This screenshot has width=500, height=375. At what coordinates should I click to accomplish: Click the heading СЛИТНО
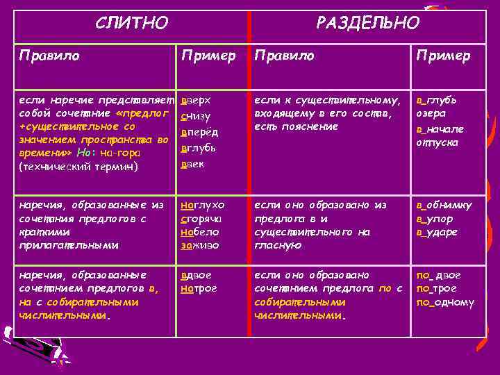pyautogui.click(x=131, y=24)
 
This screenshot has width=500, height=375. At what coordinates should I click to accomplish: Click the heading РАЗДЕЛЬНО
pyautogui.click(x=367, y=24)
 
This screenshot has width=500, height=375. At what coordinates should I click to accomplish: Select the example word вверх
pyautogui.click(x=196, y=101)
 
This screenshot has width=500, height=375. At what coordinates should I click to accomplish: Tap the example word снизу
pyautogui.click(x=196, y=117)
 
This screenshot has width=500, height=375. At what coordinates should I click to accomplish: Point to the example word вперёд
pyautogui.click(x=199, y=133)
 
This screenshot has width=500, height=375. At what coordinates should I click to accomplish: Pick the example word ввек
pyautogui.click(x=194, y=164)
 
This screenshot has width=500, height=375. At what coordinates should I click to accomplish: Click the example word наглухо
pyautogui.click(x=203, y=205)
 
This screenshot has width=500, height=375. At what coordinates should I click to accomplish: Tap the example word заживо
pyautogui.click(x=200, y=244)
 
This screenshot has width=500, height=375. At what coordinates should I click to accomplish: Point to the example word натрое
pyautogui.click(x=199, y=288)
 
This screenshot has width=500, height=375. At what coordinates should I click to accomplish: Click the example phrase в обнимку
pyautogui.click(x=444, y=205)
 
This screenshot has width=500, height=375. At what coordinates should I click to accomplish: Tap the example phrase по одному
pyautogui.click(x=445, y=302)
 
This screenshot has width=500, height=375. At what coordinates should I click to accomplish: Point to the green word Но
pyautogui.click(x=83, y=153)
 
